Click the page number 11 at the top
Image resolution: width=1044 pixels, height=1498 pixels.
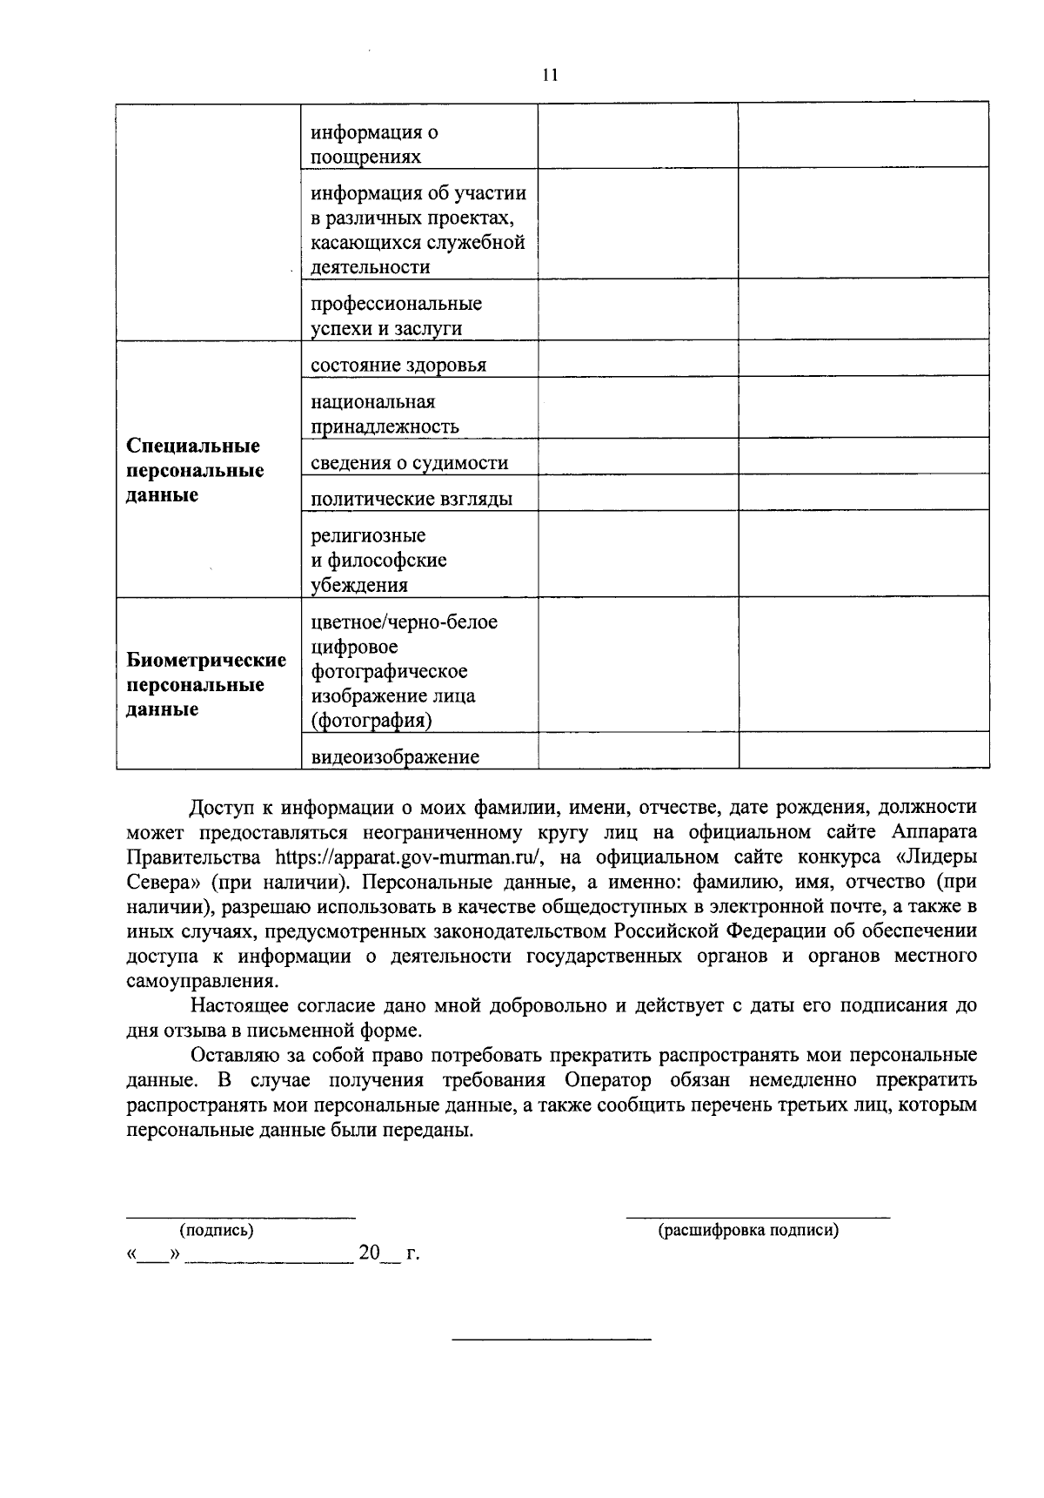[549, 75]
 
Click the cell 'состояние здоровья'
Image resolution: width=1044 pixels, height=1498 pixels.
[398, 365]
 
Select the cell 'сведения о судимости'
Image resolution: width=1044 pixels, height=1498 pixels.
[409, 463]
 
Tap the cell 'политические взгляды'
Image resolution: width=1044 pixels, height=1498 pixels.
[412, 499]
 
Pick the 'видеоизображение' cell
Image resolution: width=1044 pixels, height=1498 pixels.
[395, 756]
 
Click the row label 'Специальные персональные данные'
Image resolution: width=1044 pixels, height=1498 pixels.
[195, 470]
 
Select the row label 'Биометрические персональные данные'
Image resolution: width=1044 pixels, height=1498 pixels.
[206, 684]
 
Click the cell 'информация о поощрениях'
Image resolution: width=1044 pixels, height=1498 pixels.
[374, 144]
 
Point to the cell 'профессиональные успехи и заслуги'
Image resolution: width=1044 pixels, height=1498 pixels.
[396, 315]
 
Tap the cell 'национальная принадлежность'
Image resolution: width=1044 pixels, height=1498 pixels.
[385, 413]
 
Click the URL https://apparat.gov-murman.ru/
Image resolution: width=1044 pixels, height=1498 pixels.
[409, 856]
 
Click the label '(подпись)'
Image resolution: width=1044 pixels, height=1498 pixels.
[217, 1230]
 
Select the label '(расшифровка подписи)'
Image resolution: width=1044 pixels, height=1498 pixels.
[748, 1230]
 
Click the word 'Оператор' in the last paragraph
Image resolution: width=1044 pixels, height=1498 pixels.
[606, 1080]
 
